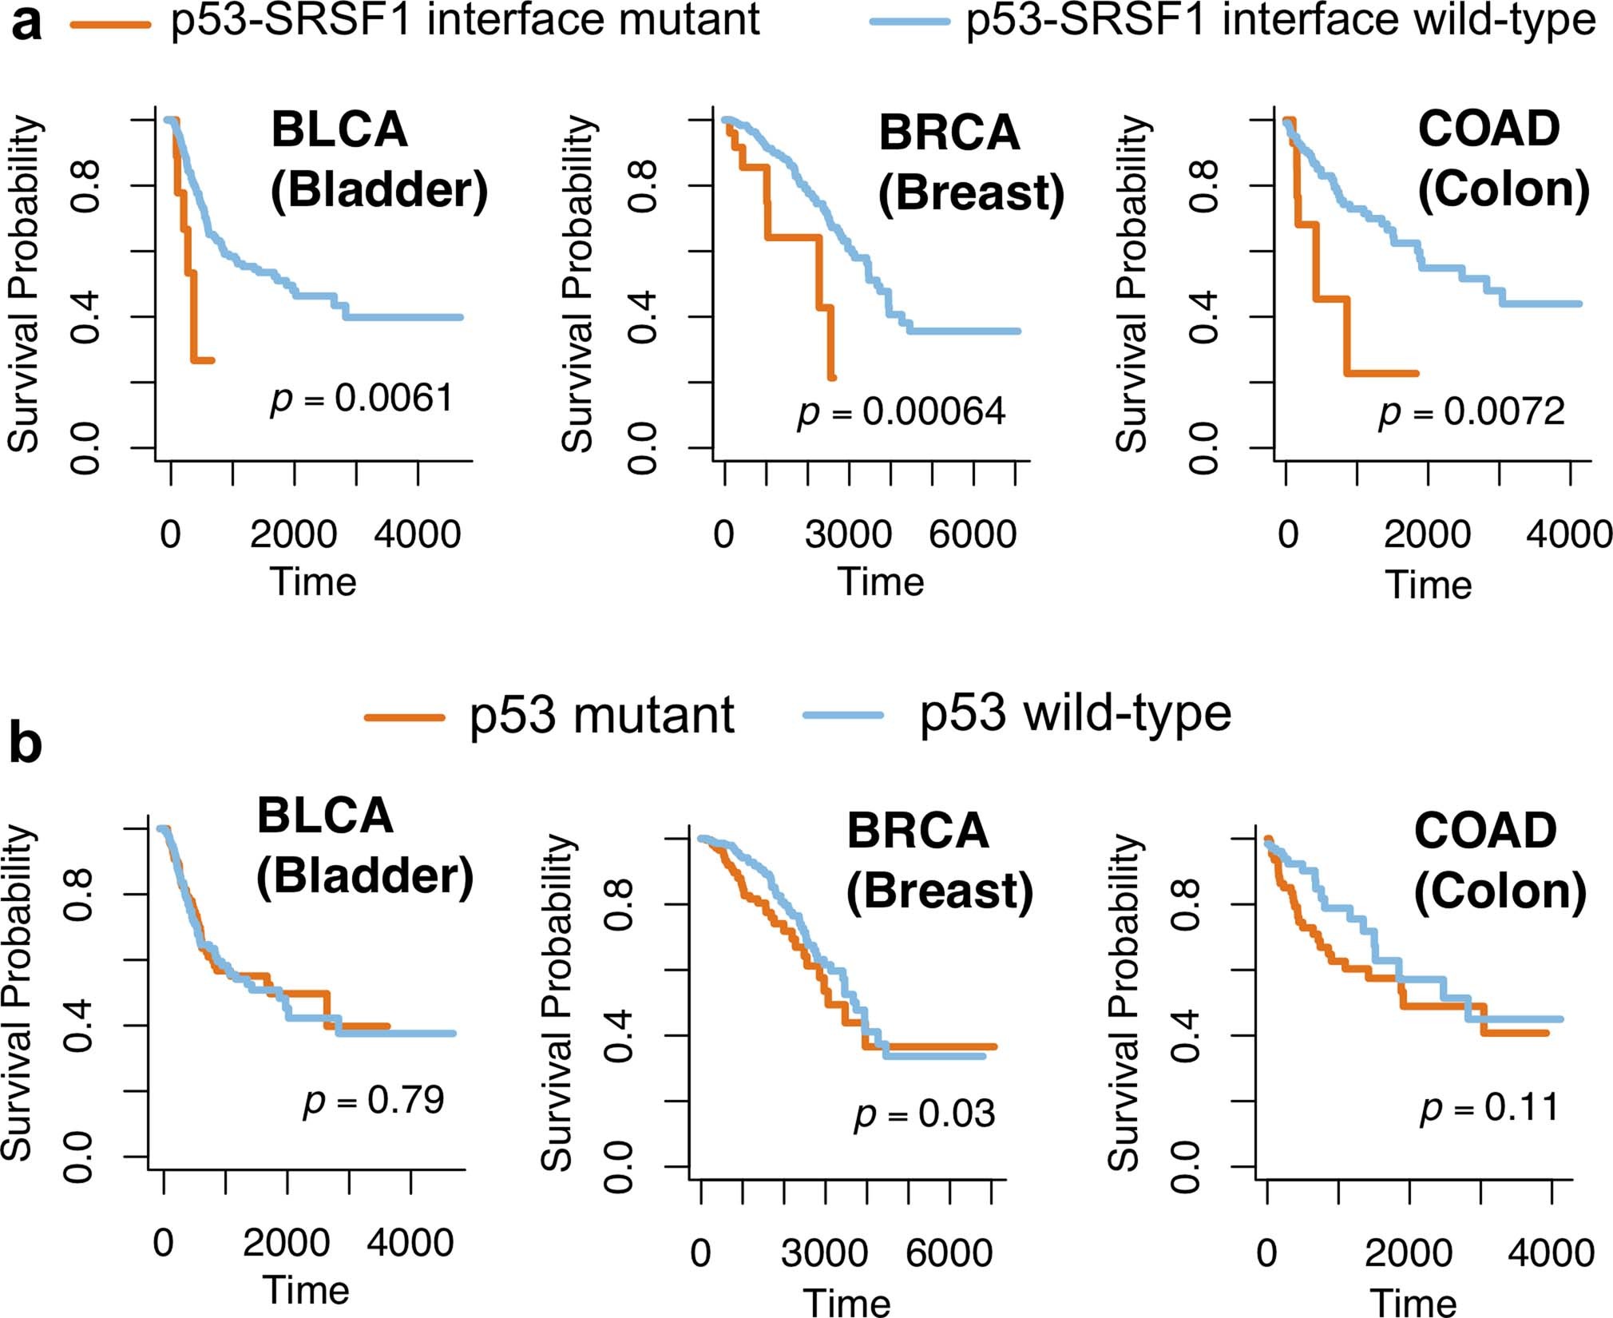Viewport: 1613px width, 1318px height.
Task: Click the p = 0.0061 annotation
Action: (x=362, y=398)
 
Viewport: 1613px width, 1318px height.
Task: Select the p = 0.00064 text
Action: (x=901, y=411)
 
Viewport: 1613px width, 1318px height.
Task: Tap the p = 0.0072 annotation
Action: (x=1472, y=411)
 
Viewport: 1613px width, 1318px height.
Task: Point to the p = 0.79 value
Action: (x=374, y=1100)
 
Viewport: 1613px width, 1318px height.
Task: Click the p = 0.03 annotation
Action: (x=925, y=1114)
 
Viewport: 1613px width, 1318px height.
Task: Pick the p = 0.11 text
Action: (x=1489, y=1107)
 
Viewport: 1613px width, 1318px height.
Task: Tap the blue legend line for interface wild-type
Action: (x=910, y=24)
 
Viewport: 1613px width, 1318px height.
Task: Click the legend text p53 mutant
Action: (x=601, y=714)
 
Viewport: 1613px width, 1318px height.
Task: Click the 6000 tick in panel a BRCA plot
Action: (x=973, y=534)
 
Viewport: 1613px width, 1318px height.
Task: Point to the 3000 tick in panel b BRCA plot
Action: (x=824, y=1252)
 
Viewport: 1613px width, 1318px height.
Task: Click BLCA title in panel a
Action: (x=339, y=129)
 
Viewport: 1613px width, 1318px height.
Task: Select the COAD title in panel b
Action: (x=1485, y=831)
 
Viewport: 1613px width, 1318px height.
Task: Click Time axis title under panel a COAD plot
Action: (x=1428, y=584)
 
